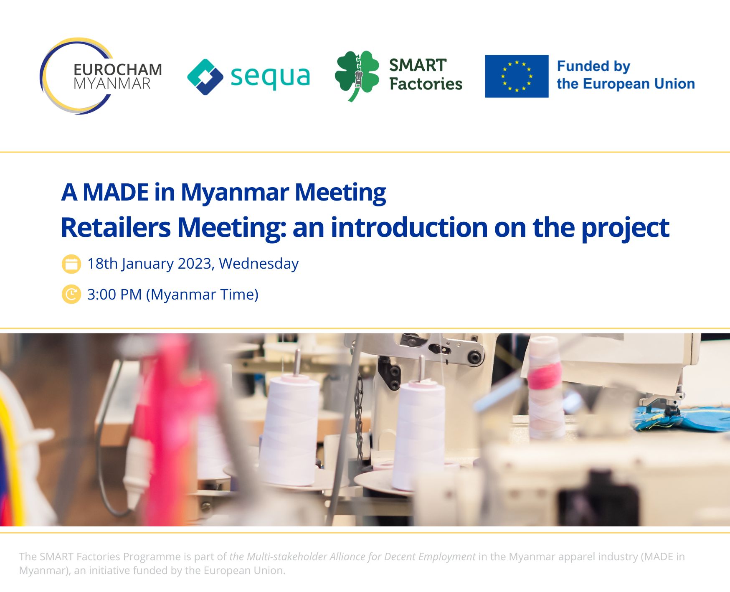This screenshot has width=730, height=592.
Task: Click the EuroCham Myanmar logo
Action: click(101, 76)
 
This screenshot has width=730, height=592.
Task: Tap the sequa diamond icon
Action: click(205, 77)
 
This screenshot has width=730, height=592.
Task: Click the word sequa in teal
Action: click(270, 77)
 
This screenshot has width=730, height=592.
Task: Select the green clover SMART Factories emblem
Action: click(357, 76)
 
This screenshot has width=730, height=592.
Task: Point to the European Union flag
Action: click(517, 76)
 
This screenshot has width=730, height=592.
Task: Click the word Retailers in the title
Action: click(116, 228)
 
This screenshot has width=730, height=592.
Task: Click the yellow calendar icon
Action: click(71, 264)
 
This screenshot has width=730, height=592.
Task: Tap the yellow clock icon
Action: click(71, 295)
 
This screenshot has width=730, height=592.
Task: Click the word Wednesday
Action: click(259, 264)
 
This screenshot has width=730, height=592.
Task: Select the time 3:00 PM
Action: click(114, 295)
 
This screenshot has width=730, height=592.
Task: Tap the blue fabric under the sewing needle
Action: click(681, 419)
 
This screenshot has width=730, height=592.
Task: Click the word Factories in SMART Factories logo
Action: click(426, 84)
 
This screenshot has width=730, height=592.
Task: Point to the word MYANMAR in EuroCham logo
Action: click(112, 84)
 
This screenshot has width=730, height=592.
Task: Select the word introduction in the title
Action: click(409, 228)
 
